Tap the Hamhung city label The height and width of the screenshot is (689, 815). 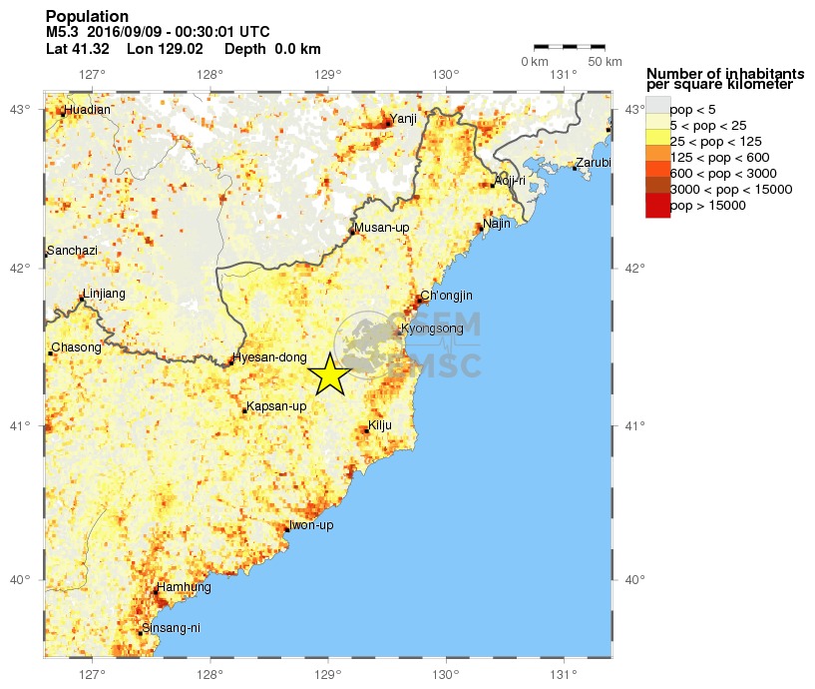[185, 587]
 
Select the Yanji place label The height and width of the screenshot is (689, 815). [404, 118]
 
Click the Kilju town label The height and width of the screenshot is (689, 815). [380, 425]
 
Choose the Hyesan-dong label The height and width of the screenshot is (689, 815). [262, 357]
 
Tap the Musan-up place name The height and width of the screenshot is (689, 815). [382, 228]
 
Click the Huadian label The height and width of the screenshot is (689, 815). [87, 110]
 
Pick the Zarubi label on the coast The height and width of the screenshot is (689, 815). [593, 163]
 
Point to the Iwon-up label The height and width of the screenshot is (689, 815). [310, 525]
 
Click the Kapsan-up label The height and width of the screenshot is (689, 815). [276, 406]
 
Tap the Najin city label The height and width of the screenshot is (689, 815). [497, 224]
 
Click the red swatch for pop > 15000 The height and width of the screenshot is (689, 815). [657, 206]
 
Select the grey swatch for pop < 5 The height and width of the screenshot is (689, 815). [657, 109]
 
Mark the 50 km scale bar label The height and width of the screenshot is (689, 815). [604, 62]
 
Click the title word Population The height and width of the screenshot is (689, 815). [87, 17]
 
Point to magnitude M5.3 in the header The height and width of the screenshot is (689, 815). [62, 32]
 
